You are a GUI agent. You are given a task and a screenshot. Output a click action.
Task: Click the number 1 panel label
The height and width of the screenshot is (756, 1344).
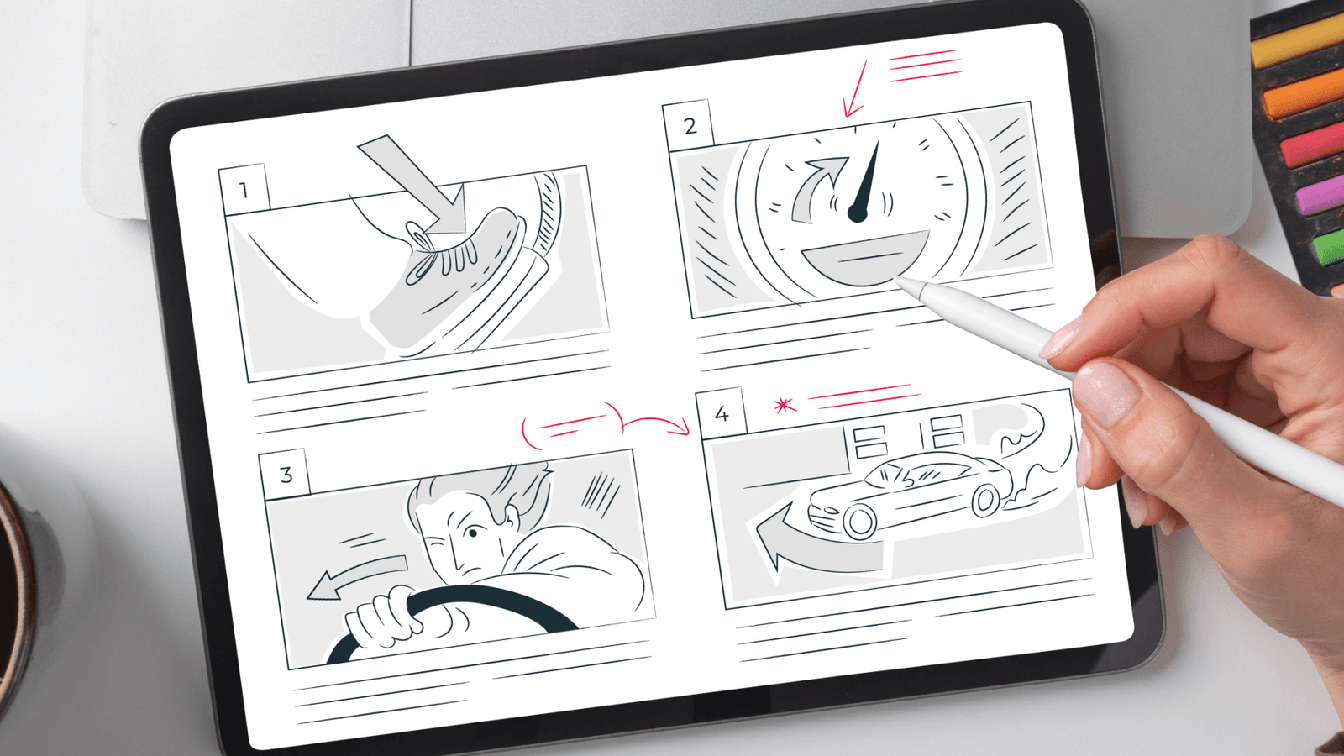click(x=244, y=190)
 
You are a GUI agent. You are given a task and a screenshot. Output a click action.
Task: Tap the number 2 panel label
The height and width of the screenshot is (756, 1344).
click(x=690, y=126)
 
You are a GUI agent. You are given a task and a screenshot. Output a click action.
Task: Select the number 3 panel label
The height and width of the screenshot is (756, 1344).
click(x=286, y=475)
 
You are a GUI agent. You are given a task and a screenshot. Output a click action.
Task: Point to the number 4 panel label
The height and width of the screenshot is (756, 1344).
click(x=722, y=413)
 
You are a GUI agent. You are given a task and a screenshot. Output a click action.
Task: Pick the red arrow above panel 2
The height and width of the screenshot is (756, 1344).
click(x=854, y=89)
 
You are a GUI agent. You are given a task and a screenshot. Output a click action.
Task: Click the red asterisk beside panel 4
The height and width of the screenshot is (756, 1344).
click(x=785, y=406)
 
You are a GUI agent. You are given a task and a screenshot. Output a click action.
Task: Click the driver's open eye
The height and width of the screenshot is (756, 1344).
click(x=473, y=533)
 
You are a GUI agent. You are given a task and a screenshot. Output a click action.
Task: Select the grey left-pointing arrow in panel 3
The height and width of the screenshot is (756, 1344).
click(x=356, y=575)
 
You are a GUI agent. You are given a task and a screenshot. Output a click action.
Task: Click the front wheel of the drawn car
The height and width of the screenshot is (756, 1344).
click(x=860, y=521)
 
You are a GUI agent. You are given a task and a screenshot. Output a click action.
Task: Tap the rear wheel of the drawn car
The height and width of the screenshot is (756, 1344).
click(x=984, y=501)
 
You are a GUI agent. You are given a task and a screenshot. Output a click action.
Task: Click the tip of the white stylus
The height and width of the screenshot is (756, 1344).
click(x=895, y=279)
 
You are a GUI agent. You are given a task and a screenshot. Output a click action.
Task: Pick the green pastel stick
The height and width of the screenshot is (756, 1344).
click(x=1328, y=246)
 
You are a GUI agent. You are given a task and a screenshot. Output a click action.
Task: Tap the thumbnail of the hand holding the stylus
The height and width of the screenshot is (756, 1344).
click(x=1104, y=394)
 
